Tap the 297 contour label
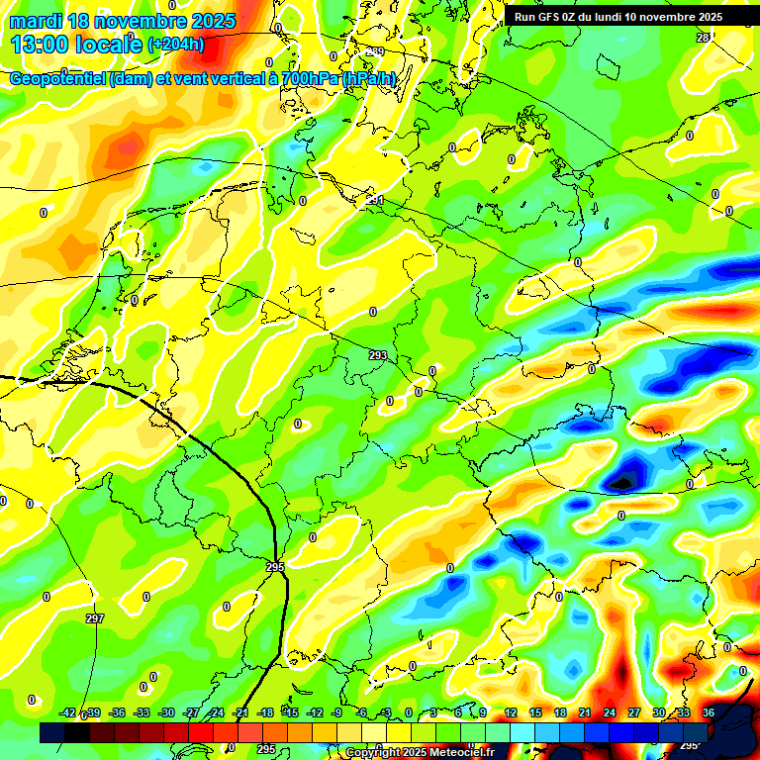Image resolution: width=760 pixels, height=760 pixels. (x=94, y=618)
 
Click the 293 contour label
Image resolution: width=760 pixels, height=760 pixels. (x=377, y=354)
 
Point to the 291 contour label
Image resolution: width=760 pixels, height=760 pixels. (x=375, y=200)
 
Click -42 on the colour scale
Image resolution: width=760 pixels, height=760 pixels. (x=67, y=712)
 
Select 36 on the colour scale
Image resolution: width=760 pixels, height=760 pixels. (x=709, y=712)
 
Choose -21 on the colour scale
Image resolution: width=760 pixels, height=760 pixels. (x=240, y=712)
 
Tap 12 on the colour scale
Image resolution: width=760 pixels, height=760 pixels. (x=510, y=712)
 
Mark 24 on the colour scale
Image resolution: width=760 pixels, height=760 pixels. (x=609, y=712)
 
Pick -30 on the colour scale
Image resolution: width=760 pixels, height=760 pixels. (x=166, y=712)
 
